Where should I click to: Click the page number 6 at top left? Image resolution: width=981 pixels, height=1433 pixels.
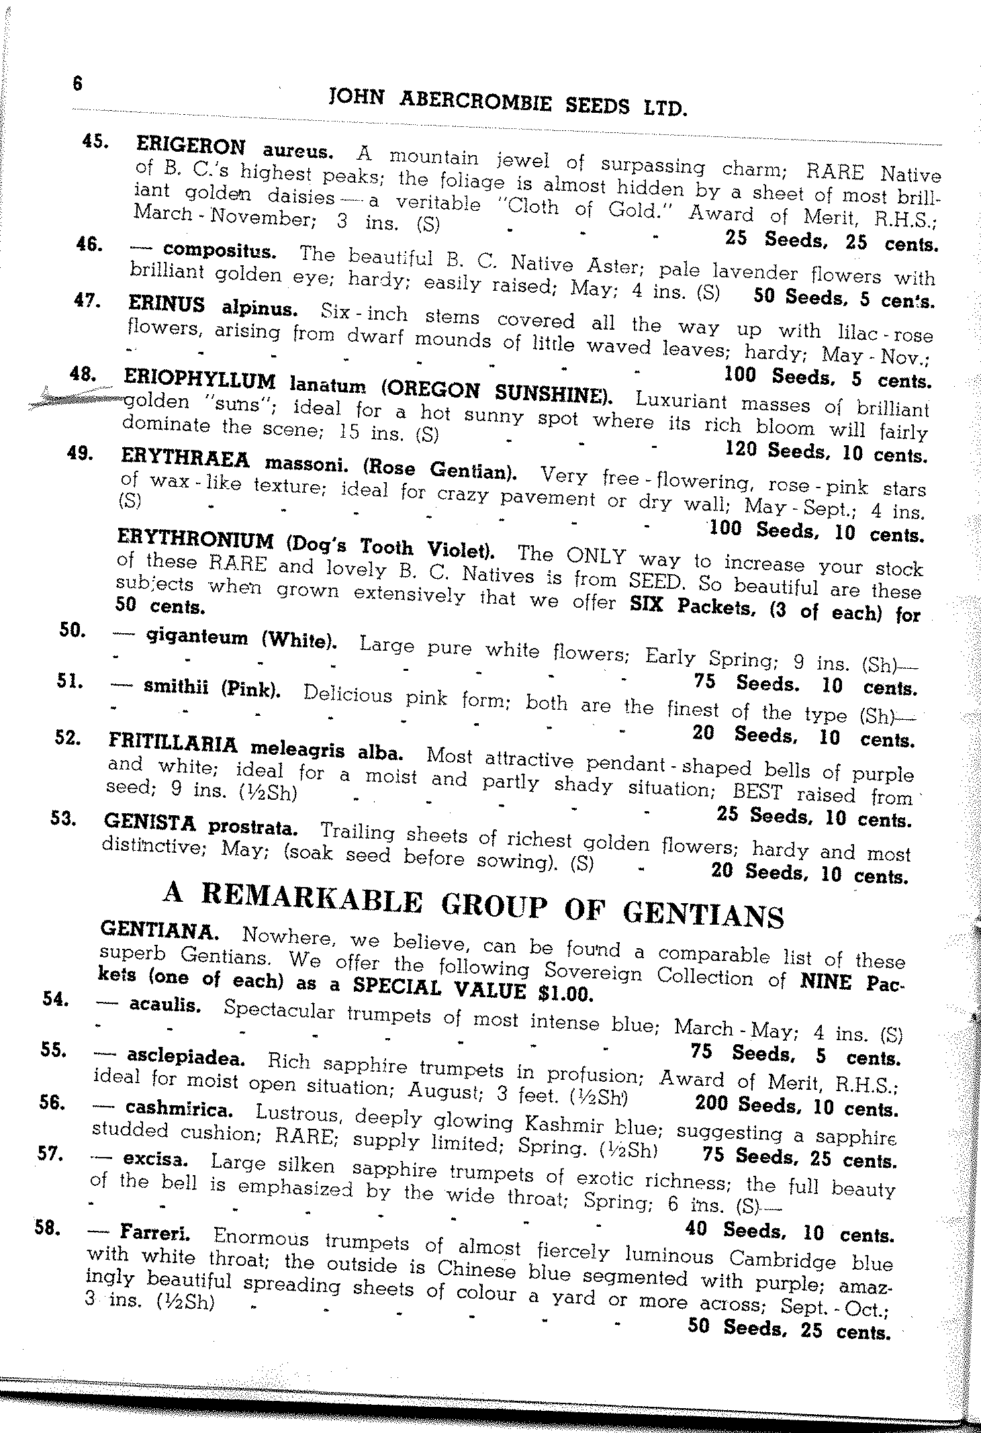point(77,84)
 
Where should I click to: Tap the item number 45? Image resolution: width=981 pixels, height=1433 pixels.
point(93,141)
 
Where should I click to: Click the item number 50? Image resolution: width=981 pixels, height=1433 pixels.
point(71,631)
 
